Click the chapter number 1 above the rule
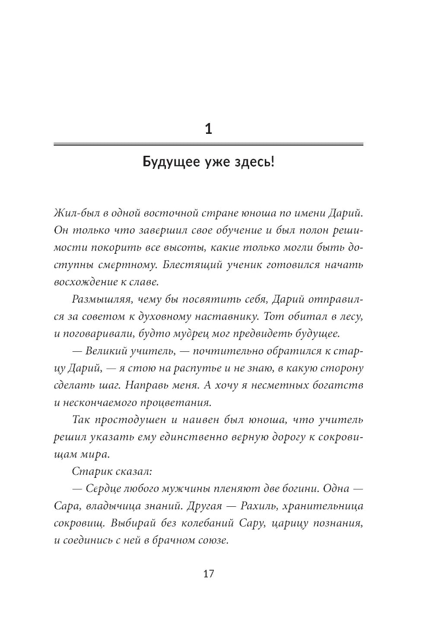point(208,129)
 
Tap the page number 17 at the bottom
point(208,574)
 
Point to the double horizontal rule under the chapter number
point(208,145)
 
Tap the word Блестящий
point(191,265)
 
